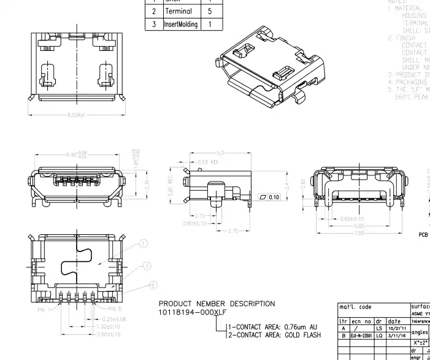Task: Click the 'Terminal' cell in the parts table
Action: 179,11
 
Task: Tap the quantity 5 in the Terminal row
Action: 210,11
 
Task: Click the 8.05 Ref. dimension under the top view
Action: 77,115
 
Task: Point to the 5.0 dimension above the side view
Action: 220,153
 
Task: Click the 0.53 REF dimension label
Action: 208,162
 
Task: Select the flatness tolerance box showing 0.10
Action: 270,197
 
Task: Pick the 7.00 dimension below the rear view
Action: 359,233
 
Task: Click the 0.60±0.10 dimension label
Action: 352,219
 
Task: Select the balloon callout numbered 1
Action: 143,243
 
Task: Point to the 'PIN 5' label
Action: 115,309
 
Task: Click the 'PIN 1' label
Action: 43,310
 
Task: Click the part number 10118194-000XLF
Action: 193,313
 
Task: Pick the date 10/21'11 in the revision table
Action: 396,328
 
